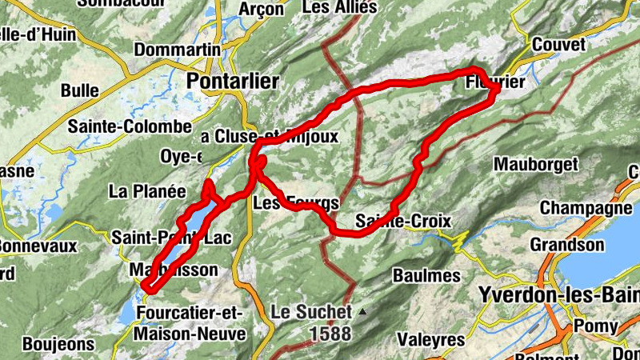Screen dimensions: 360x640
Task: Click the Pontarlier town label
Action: point(232,81)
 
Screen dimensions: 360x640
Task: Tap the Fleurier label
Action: point(494,82)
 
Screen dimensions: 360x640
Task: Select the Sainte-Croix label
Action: point(403,221)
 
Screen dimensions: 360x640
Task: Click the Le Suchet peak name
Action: point(310,311)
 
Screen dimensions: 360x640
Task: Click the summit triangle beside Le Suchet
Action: point(362,311)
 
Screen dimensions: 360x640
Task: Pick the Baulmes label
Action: point(426,275)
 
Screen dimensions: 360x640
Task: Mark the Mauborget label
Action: point(535,165)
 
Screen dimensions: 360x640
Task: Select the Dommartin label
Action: point(177,50)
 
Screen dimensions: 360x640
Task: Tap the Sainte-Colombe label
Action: point(130,126)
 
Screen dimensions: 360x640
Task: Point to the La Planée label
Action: point(147,191)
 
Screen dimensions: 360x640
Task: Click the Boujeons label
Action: point(59,345)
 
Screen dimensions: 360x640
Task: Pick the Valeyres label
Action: point(432,339)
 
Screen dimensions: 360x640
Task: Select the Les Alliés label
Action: point(340,8)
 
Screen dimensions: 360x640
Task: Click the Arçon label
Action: point(262,10)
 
